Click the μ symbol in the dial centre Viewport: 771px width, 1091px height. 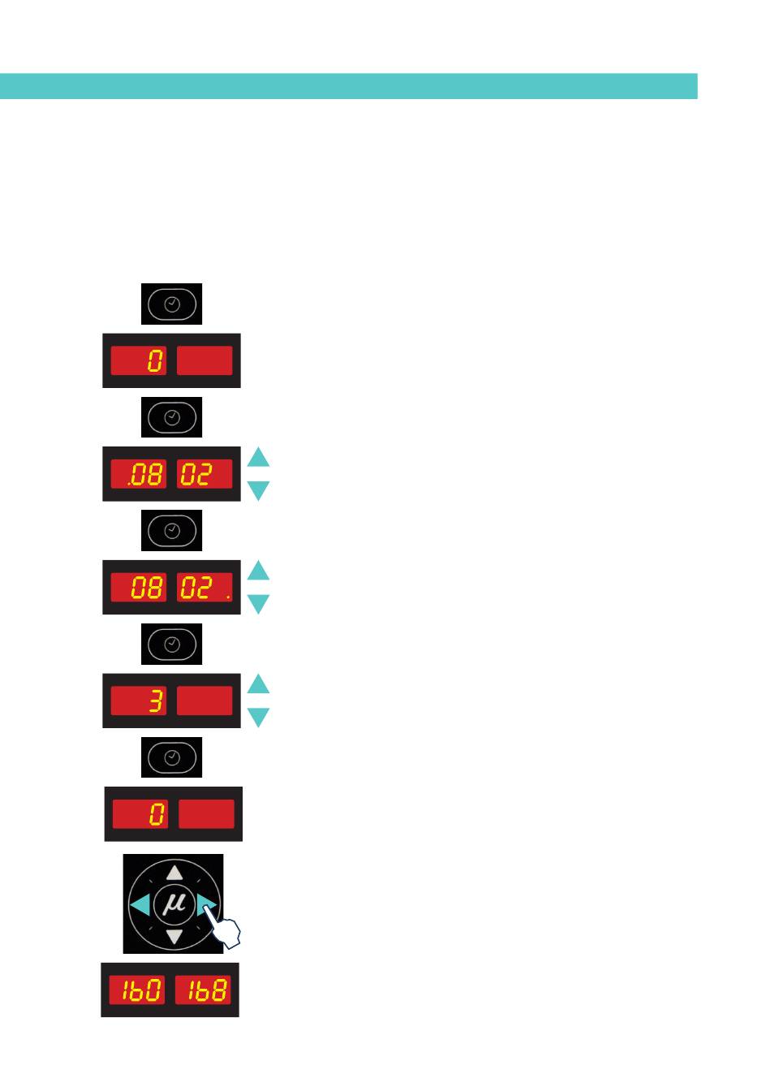(x=174, y=903)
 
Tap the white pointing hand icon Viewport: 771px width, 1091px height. (x=224, y=926)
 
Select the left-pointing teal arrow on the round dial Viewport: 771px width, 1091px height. (x=140, y=904)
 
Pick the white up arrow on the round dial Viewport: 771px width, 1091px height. (x=174, y=873)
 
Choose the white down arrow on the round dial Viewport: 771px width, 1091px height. (x=174, y=936)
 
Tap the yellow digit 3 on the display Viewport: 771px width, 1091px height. (x=155, y=701)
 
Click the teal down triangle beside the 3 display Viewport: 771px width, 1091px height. (x=258, y=718)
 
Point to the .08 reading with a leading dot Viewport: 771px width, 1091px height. (x=144, y=474)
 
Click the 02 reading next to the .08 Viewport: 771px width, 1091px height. (x=196, y=474)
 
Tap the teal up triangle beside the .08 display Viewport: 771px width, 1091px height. (x=258, y=457)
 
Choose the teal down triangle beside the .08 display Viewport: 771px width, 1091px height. (x=258, y=491)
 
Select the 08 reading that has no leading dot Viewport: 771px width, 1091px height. (x=147, y=588)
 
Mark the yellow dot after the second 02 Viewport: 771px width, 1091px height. (x=228, y=596)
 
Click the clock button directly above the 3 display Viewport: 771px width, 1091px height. (x=171, y=644)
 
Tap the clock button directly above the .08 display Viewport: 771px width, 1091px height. (x=171, y=417)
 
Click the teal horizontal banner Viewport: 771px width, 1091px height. (x=349, y=86)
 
